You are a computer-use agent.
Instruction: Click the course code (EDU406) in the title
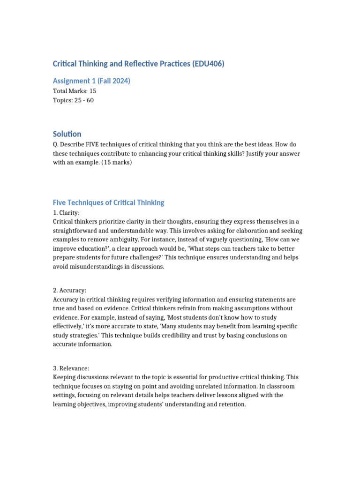[208, 64]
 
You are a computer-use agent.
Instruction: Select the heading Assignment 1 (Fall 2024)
[91, 81]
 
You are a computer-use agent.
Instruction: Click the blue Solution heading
[67, 134]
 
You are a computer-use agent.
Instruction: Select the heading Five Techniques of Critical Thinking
[108, 203]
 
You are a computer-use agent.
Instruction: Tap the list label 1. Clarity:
[66, 212]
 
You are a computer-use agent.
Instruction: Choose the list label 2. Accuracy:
[69, 291]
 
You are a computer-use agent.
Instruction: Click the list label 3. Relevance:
[71, 368]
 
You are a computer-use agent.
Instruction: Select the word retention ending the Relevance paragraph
[229, 404]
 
